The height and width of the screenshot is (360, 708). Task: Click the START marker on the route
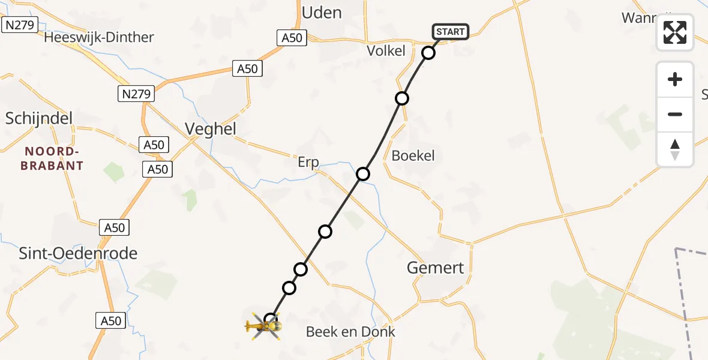coord(450,32)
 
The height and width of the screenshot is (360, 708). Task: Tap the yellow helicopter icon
coord(264,326)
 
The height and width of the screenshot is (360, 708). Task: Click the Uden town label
coord(322,13)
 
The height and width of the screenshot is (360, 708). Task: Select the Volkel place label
coord(386,51)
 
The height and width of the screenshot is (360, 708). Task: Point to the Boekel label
coord(413,156)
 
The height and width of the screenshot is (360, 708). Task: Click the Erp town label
coord(308,162)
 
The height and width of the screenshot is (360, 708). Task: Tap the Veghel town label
coord(211,129)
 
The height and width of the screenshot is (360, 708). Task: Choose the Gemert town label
coord(436,268)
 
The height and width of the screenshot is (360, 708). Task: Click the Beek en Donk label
coord(350,332)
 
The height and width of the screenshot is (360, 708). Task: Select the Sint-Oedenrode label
coord(78,253)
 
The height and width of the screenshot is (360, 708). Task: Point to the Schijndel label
coord(39,118)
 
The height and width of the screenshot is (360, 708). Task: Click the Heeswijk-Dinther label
coord(100,37)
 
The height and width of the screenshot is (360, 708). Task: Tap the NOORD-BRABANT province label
coord(52,159)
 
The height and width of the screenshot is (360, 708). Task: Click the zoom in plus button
coord(675,80)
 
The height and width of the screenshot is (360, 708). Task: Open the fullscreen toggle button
coord(675,32)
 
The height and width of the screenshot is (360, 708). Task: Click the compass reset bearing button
coord(675,149)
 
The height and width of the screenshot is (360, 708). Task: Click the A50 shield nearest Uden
coord(293,38)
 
